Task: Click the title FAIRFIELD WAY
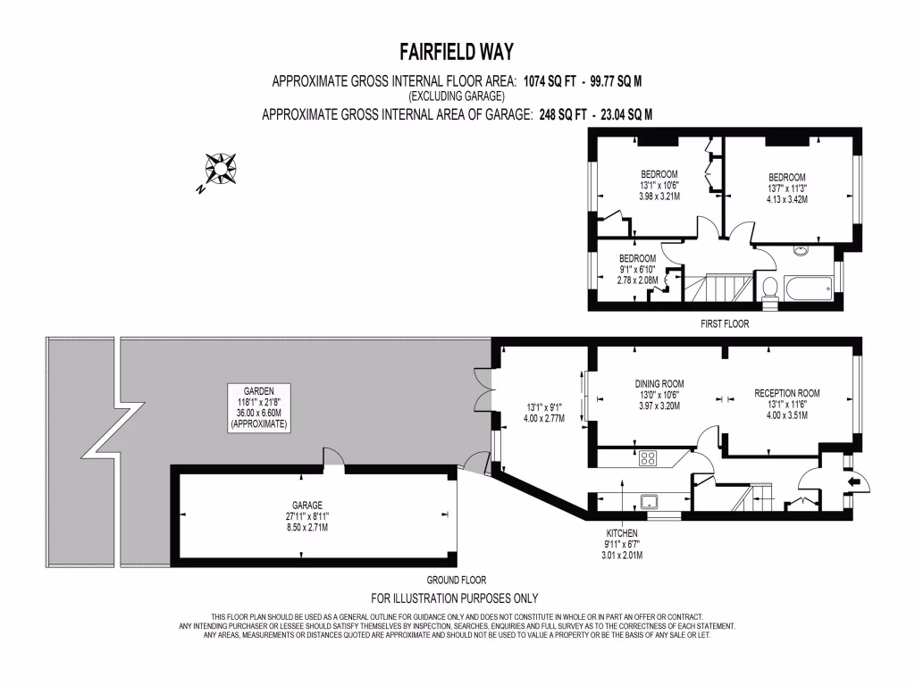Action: (457, 51)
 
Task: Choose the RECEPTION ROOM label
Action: (786, 393)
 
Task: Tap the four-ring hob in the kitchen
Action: (649, 459)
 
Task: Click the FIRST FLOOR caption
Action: (725, 324)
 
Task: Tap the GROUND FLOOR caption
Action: (457, 580)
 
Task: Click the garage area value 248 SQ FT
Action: (567, 113)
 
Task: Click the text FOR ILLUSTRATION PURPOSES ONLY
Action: (455, 598)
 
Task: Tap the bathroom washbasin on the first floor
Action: (800, 253)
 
